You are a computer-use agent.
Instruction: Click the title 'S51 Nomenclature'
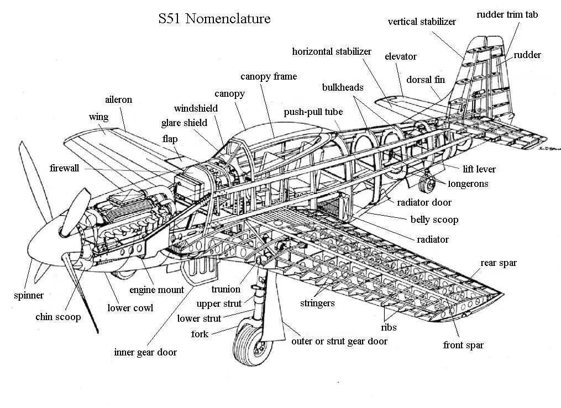pyautogui.click(x=214, y=19)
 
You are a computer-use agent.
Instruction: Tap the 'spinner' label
pyautogui.click(x=29, y=295)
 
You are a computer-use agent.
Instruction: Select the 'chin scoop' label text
pyautogui.click(x=58, y=317)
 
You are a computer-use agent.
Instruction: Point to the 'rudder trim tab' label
pyautogui.click(x=507, y=15)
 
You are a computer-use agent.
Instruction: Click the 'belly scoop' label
pyautogui.click(x=434, y=219)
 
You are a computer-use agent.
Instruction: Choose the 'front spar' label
pyautogui.click(x=463, y=345)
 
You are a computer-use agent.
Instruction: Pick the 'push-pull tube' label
pyautogui.click(x=313, y=112)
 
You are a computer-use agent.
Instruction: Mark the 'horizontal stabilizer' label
pyautogui.click(x=332, y=51)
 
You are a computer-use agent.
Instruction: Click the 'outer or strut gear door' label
pyautogui.click(x=339, y=341)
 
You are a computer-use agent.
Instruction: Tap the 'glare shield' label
pyautogui.click(x=184, y=123)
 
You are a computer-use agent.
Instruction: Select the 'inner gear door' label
pyautogui.click(x=145, y=352)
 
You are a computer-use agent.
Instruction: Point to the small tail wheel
pyautogui.click(x=425, y=182)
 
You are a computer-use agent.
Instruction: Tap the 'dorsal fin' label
pyautogui.click(x=425, y=80)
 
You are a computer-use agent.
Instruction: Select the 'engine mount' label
pyautogui.click(x=156, y=290)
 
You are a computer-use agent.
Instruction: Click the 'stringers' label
pyautogui.click(x=317, y=303)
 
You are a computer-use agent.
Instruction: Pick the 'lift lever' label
pyautogui.click(x=479, y=169)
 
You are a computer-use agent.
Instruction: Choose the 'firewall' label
pyautogui.click(x=64, y=168)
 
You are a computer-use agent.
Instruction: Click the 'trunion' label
pyautogui.click(x=226, y=289)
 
